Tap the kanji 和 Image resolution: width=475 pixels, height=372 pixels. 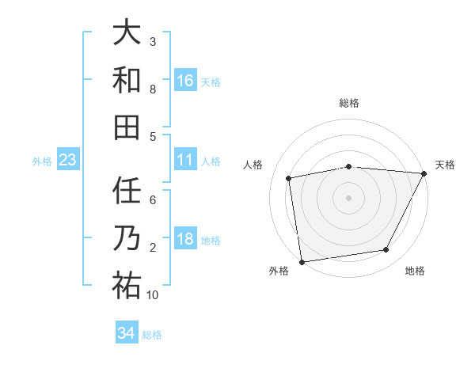(126, 80)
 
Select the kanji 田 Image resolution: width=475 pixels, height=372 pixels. (126, 127)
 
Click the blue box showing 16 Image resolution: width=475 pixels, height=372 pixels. (185, 80)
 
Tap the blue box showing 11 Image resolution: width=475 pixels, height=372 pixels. (185, 159)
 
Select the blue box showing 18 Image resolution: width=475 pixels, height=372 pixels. (185, 238)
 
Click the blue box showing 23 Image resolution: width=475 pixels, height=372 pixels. (68, 160)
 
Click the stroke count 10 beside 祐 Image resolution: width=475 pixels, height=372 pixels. (153, 295)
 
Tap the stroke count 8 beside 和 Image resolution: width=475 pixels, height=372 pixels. (153, 89)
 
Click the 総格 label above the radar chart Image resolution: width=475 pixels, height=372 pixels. (348, 103)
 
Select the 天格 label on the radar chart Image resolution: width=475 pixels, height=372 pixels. (445, 165)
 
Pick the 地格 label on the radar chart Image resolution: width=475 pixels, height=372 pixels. (415, 271)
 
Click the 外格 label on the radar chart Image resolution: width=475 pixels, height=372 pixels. (279, 271)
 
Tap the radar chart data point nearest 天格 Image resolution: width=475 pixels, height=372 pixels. (424, 173)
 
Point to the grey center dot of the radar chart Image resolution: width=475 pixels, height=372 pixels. (348, 197)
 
